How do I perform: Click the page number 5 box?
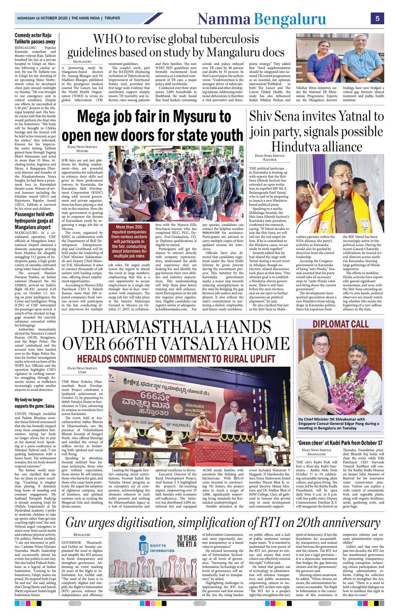coord(377,18)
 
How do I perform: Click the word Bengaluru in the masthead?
coord(290,19)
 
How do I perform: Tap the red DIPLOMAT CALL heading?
coord(340,324)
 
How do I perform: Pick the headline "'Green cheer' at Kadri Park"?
coord(340,443)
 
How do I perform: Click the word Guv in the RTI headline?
coord(77,523)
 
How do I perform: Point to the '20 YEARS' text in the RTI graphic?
coord(187,539)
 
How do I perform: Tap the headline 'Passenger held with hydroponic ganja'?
coord(34,221)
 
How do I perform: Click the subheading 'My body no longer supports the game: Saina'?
coord(35,402)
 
